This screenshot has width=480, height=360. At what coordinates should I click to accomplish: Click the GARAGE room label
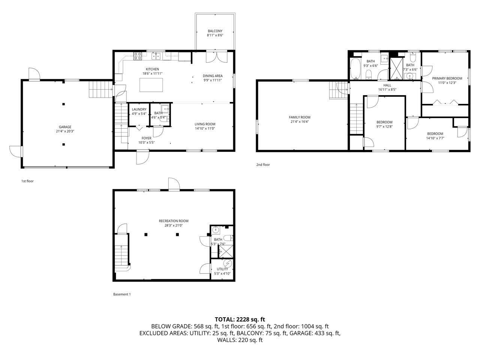(64, 127)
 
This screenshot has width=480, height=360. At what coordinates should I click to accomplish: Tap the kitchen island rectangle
(151, 85)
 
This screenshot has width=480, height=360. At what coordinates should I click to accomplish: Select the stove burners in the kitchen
(138, 56)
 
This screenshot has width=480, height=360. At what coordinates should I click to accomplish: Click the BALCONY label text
(215, 31)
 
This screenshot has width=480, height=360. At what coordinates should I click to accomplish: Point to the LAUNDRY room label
(139, 109)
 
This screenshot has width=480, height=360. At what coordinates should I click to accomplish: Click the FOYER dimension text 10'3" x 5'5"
(146, 142)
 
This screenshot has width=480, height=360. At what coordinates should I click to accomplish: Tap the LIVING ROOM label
(205, 124)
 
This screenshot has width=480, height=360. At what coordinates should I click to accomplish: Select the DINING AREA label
(213, 76)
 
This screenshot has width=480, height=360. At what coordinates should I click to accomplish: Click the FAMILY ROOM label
(300, 117)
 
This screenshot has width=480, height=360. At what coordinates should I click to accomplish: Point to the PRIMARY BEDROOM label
(447, 78)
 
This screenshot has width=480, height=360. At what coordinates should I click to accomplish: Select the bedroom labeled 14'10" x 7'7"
(435, 133)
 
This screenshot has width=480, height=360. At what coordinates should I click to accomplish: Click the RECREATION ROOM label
(173, 221)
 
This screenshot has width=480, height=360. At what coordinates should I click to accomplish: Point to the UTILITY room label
(222, 269)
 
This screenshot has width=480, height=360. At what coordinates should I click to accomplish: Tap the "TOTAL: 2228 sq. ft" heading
(240, 319)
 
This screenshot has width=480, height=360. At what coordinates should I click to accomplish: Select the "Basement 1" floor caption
(122, 294)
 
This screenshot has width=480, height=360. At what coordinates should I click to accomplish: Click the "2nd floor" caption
(263, 165)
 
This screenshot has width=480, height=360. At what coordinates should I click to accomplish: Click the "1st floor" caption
(27, 181)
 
